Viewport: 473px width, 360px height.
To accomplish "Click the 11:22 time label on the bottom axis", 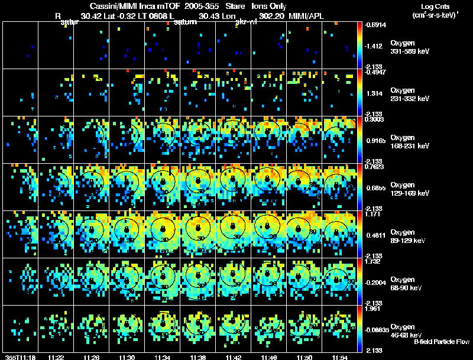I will click(56, 356).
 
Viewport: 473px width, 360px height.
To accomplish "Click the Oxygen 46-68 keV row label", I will click(409, 330).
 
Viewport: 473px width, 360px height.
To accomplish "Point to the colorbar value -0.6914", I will click(377, 25).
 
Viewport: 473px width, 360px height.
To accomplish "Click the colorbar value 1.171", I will click(373, 215).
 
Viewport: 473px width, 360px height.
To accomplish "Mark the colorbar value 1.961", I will click(373, 309).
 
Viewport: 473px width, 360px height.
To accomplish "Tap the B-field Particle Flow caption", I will click(442, 341).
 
